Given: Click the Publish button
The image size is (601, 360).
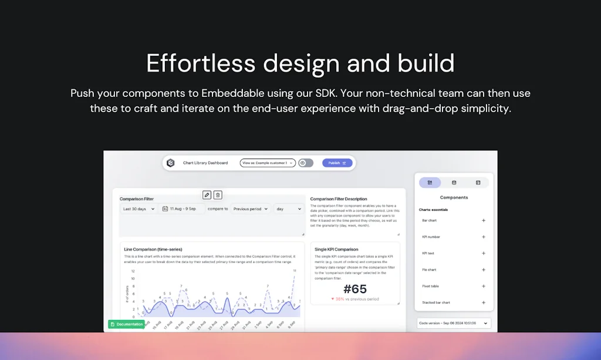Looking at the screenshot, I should [x=337, y=163].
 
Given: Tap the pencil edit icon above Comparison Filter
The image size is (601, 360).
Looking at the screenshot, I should [x=207, y=195].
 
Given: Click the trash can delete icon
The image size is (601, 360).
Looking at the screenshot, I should [x=218, y=195].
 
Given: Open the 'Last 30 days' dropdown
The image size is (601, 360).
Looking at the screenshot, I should [x=138, y=208].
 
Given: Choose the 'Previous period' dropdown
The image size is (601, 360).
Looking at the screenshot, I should [x=250, y=208].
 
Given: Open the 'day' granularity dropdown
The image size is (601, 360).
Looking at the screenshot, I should [x=289, y=208].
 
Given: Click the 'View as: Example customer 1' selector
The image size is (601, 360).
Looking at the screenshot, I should [x=267, y=163].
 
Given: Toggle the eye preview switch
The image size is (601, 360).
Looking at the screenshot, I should [x=306, y=163].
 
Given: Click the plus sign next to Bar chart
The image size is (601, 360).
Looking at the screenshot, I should [x=484, y=221].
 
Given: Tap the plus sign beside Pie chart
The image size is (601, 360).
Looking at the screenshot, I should [x=484, y=270].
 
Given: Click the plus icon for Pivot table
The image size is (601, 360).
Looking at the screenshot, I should [x=484, y=287].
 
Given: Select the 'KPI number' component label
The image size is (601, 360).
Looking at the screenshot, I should [x=431, y=237].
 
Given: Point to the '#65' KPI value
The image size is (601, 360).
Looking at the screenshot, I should [x=354, y=289].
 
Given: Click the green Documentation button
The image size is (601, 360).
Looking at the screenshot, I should [x=126, y=324].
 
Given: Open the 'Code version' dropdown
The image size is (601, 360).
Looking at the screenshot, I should [x=454, y=323].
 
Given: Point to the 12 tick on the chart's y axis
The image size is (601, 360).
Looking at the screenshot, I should [x=133, y=271].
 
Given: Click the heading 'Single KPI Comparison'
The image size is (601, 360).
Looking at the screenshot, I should [x=336, y=250].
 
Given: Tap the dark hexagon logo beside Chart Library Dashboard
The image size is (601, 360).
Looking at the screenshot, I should [x=171, y=163].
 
